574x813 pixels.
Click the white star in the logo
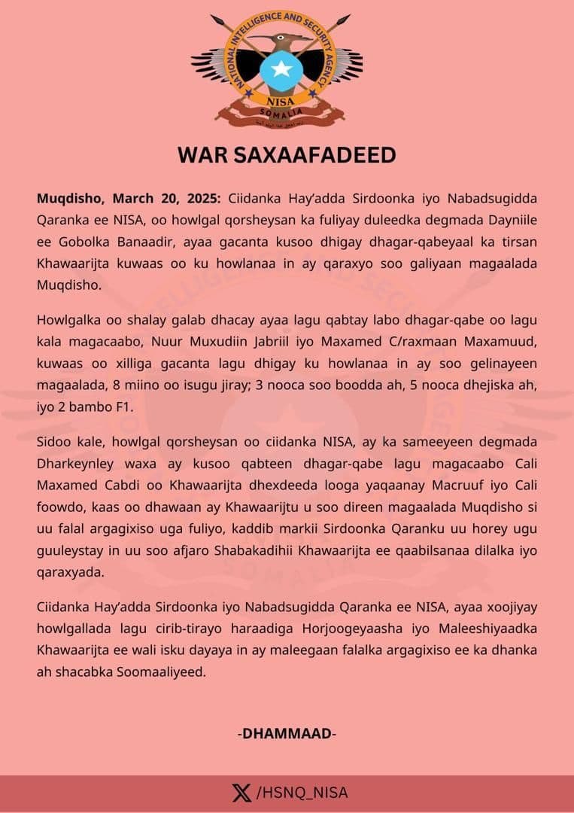[x=281, y=69]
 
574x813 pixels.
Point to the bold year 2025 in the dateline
[x=198, y=198]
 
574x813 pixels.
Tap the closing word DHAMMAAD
[x=287, y=733]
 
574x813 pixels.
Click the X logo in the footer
[x=241, y=793]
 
